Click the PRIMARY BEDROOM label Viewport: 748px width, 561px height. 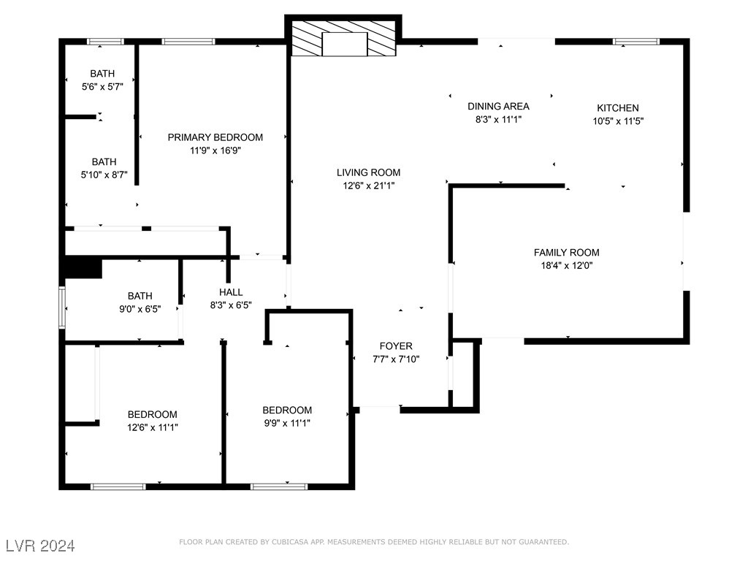(x=215, y=137)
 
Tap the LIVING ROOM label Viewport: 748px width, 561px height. (x=368, y=173)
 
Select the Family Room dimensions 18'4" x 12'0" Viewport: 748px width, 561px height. (x=566, y=266)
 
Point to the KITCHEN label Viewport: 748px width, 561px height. (x=618, y=108)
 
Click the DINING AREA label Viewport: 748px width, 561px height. (x=498, y=107)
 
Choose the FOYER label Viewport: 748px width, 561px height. (x=396, y=346)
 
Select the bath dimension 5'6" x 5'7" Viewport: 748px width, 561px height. (x=102, y=86)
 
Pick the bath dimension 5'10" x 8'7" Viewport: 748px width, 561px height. (x=104, y=175)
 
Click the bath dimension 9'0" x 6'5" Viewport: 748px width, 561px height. (x=140, y=309)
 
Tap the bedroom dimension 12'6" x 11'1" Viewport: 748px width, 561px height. (x=152, y=427)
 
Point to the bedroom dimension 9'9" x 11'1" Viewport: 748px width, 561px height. (x=287, y=423)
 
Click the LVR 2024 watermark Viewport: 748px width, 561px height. (x=40, y=546)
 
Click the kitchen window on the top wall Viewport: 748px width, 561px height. (x=636, y=42)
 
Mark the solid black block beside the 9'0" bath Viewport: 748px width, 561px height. (x=83, y=267)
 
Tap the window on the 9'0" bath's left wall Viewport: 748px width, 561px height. (x=62, y=308)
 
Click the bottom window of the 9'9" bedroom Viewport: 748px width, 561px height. (x=279, y=486)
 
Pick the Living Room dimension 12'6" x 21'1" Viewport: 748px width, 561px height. (x=368, y=186)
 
